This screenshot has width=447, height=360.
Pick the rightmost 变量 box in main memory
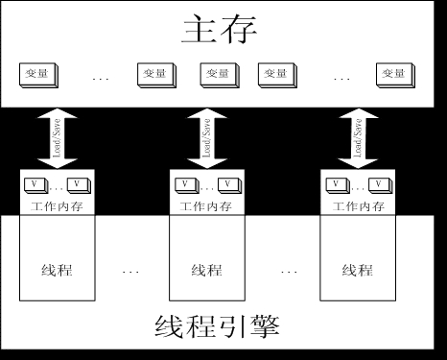[390, 73]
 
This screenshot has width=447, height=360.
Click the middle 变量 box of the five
[217, 73]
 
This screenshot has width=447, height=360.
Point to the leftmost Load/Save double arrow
[55, 138]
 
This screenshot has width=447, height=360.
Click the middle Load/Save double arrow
[204, 138]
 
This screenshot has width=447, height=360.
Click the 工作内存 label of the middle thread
[204, 205]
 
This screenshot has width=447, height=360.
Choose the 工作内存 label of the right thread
[356, 205]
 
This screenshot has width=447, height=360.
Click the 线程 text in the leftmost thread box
[57, 270]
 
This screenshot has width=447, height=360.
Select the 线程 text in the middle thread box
[206, 270]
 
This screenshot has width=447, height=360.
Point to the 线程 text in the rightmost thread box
[357, 270]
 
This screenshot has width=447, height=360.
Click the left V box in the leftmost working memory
[35, 184]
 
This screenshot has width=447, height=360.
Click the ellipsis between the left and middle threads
[131, 273]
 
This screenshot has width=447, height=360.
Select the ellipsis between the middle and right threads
[289, 273]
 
